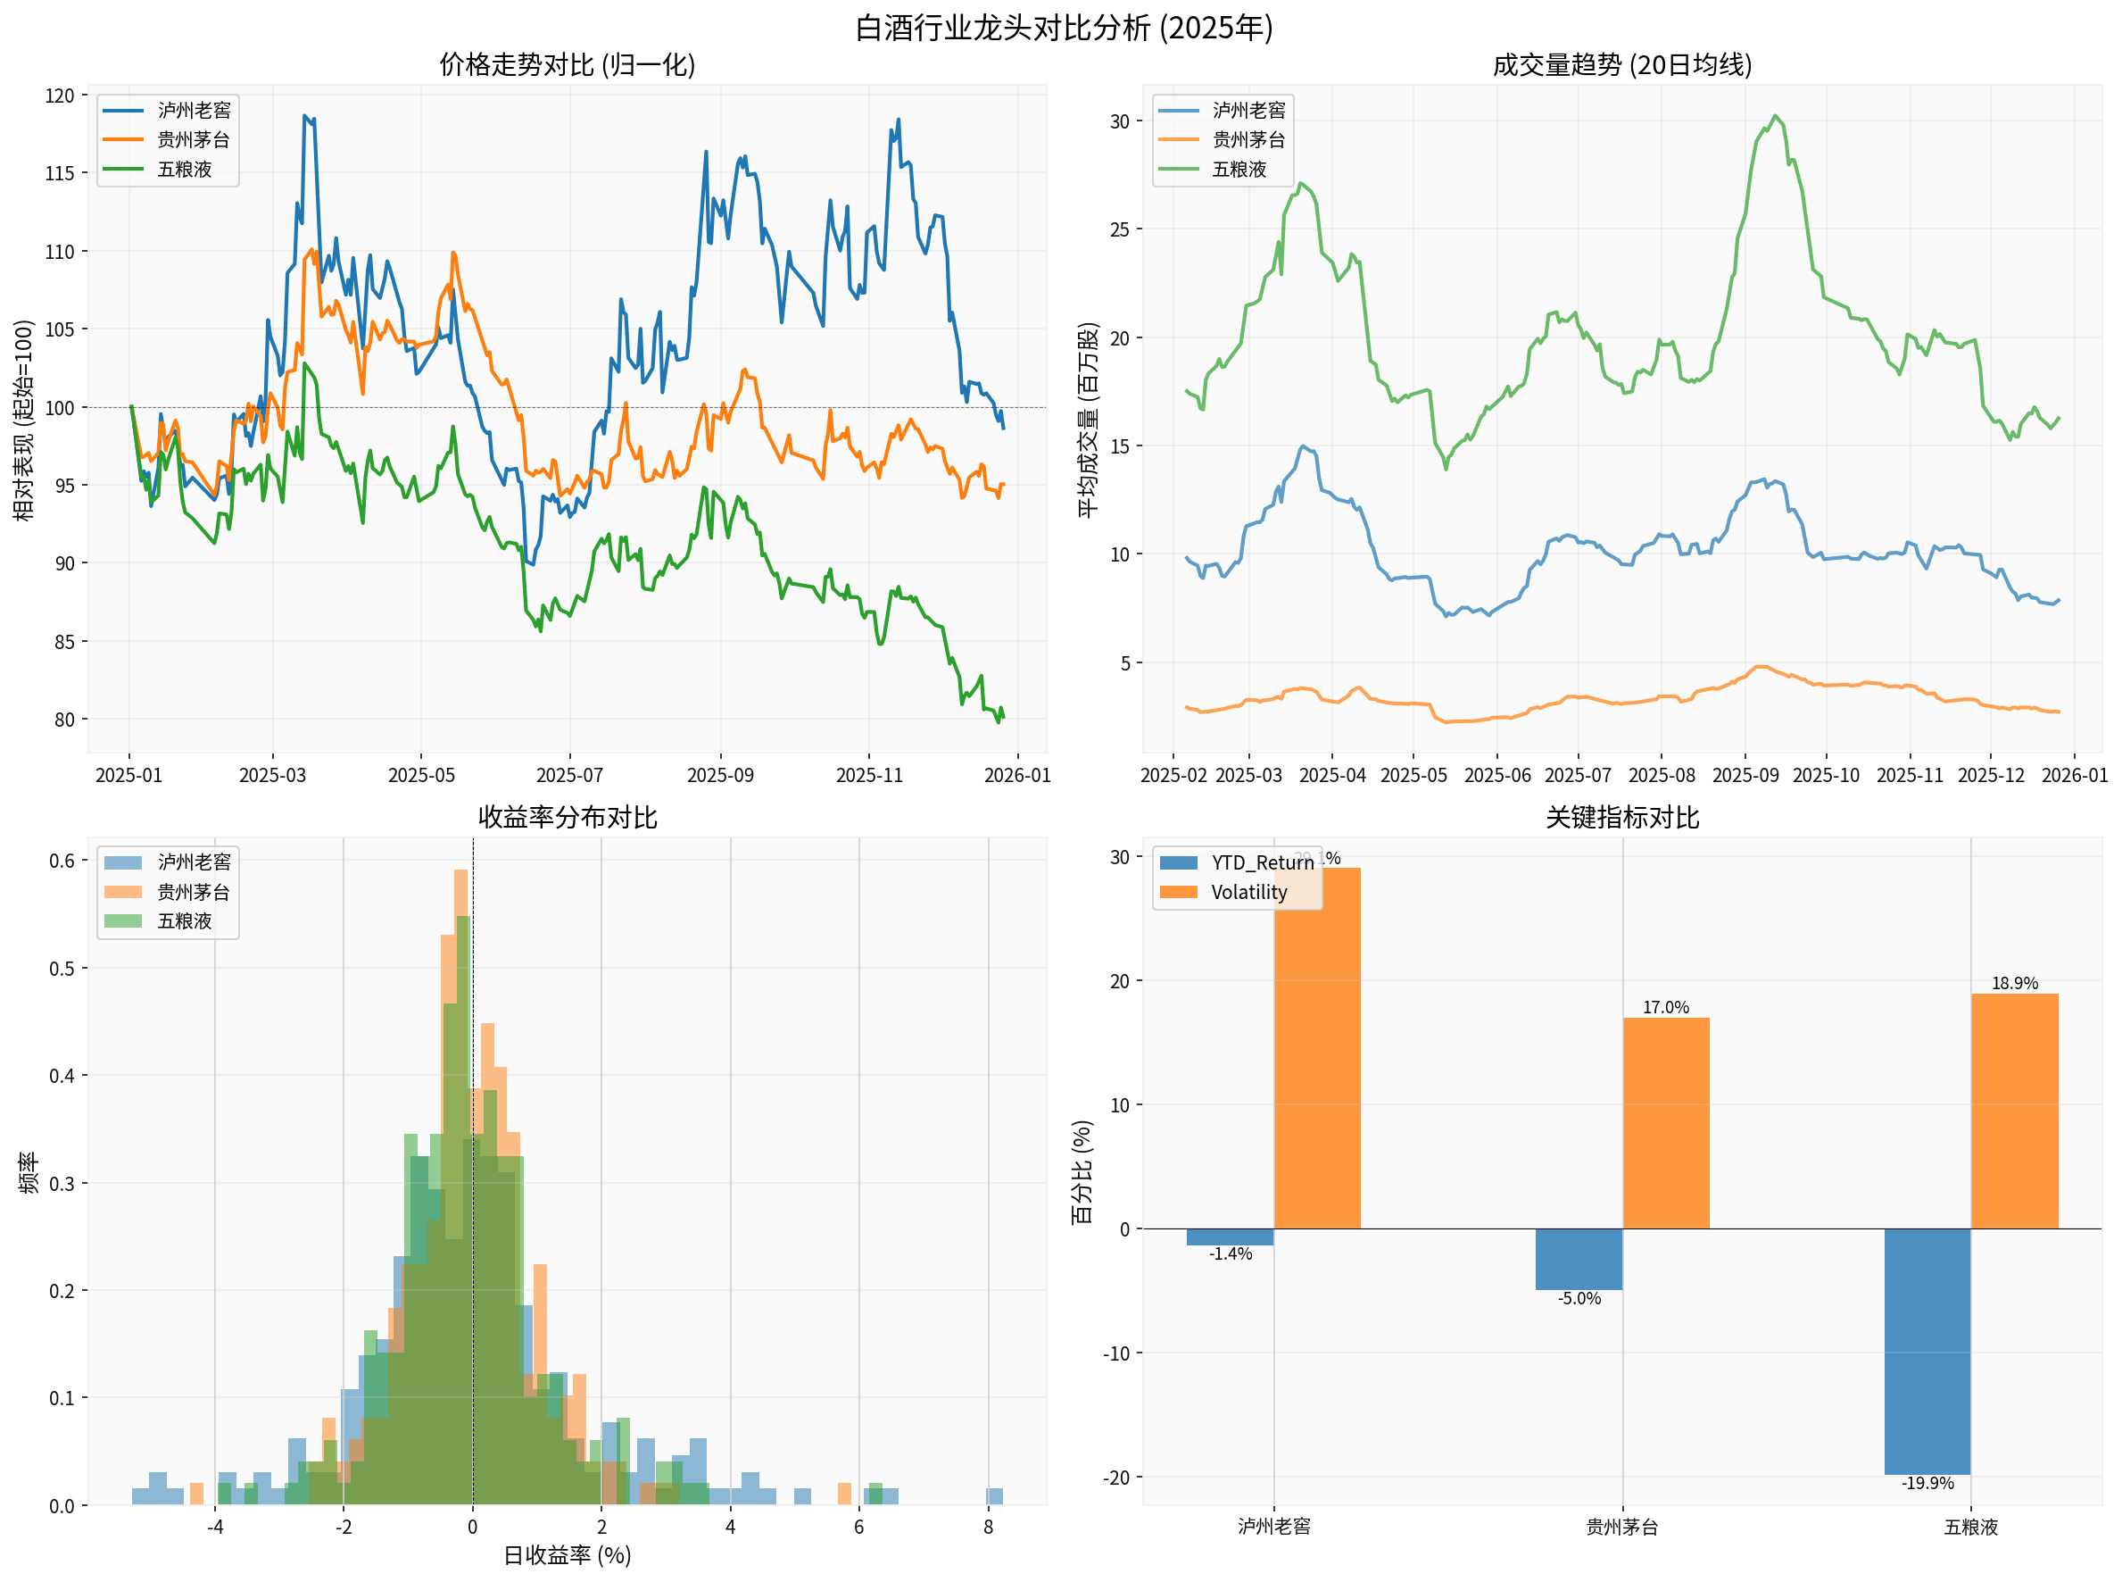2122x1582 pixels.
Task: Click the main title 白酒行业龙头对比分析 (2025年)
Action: (x=1063, y=27)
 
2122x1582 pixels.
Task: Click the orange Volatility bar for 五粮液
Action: (x=2013, y=1111)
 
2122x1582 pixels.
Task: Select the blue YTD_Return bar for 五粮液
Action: (x=1926, y=1350)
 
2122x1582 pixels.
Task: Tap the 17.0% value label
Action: (x=1664, y=1006)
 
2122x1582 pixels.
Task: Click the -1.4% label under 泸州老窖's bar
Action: (x=1229, y=1253)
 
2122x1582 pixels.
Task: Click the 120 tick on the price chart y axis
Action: (x=60, y=95)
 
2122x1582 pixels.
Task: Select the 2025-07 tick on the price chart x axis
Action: (x=568, y=775)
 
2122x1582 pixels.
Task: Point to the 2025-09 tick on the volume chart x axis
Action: (x=1744, y=775)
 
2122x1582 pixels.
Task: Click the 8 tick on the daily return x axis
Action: (x=988, y=1527)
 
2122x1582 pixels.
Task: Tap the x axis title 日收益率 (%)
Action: (x=567, y=1555)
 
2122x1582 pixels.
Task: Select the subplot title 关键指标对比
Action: (x=1621, y=817)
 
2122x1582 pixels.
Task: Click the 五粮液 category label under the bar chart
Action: (x=1969, y=1527)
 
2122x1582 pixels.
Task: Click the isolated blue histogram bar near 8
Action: (x=993, y=1497)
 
